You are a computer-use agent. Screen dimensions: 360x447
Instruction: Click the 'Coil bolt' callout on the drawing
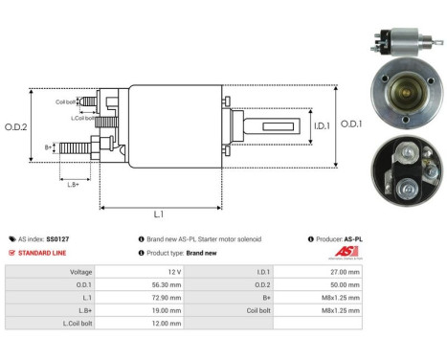pos(64,101)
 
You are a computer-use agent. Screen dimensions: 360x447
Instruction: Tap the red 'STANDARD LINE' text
pos(43,253)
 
